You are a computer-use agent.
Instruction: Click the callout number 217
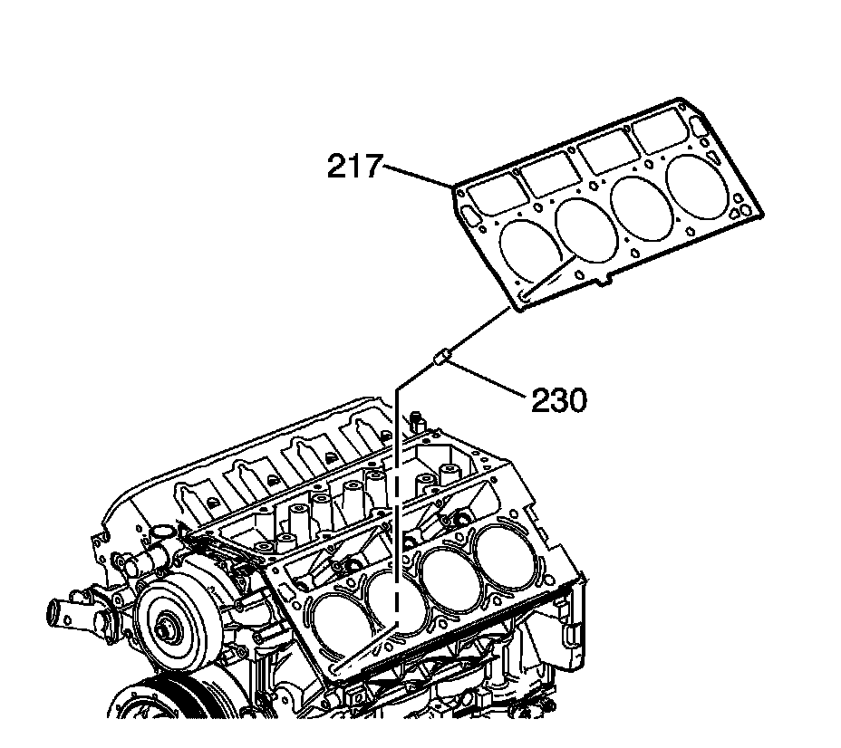355,168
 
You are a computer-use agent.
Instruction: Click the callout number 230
558,398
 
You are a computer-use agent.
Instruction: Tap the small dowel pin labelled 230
441,359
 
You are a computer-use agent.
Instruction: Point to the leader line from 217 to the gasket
419,176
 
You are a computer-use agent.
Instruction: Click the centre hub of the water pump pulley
169,628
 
